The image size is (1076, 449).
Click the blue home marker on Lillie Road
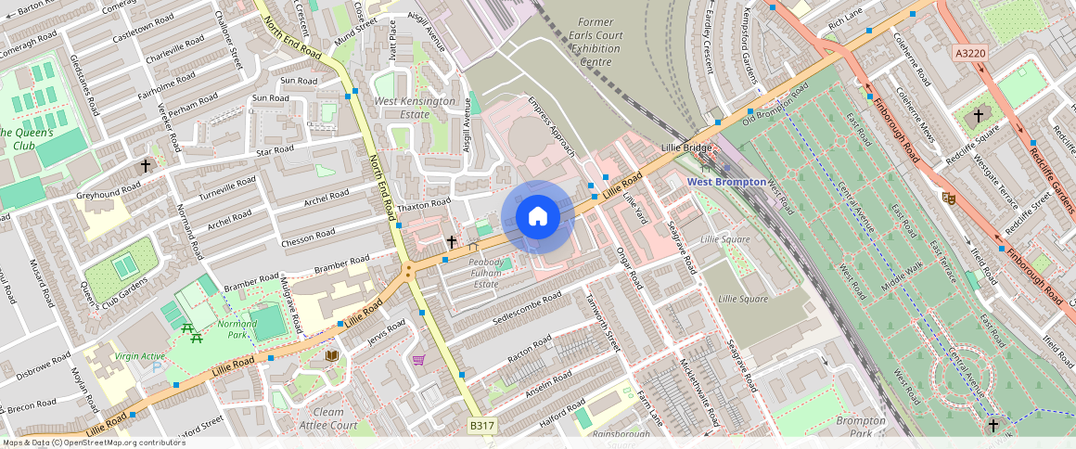[x=537, y=217]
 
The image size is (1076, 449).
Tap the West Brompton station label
[x=725, y=182]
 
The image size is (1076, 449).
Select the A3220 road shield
[x=969, y=54]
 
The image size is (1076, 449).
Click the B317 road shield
[x=481, y=425]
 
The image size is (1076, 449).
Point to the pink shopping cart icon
[x=418, y=360]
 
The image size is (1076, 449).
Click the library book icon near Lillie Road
[x=331, y=355]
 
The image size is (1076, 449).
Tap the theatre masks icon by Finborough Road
[x=949, y=197]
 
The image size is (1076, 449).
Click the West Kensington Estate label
[x=415, y=108]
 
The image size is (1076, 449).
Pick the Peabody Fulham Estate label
[x=486, y=274]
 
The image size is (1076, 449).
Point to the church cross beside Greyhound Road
[x=145, y=166]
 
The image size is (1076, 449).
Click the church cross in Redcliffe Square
[x=978, y=117]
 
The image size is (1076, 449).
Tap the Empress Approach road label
[x=552, y=126]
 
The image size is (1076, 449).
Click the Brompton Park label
[x=860, y=427]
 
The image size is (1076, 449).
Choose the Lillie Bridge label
[x=685, y=148]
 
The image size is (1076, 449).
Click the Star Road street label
[x=275, y=149]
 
